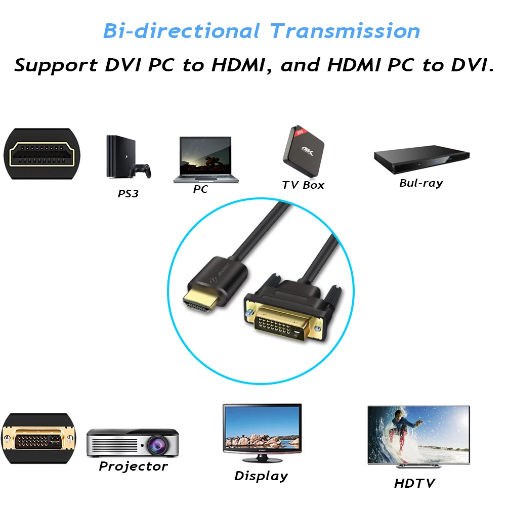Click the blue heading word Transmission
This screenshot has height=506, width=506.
pos(345,31)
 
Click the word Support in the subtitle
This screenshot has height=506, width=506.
pos(56,66)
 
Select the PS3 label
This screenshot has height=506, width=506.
pos(128,193)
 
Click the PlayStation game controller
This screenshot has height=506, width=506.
pos(140,171)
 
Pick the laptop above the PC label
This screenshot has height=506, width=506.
pos(205,158)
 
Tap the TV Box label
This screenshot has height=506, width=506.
pos(303,185)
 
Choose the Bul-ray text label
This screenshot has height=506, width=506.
pos(420,183)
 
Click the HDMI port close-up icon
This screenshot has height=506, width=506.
pos(42,154)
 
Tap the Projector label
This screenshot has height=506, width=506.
pos(133,467)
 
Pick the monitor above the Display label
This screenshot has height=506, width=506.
pos(262,432)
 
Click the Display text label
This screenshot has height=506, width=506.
pos(261,476)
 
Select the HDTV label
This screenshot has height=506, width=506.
pos(414,483)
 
